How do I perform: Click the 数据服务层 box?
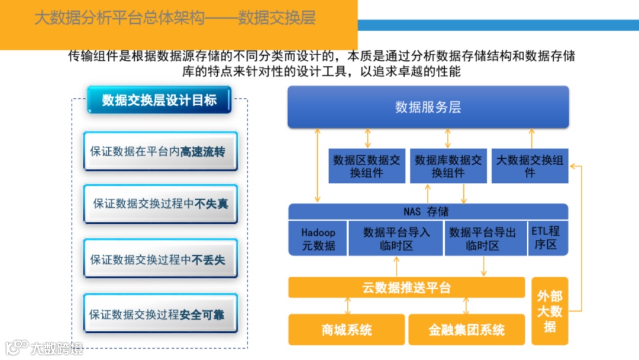pyautogui.click(x=428, y=107)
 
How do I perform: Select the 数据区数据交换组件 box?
pyautogui.click(x=367, y=166)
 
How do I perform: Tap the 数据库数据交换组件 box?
pyautogui.click(x=448, y=166)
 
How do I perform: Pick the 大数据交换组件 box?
pyautogui.click(x=530, y=166)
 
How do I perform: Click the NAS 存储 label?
pyautogui.click(x=428, y=211)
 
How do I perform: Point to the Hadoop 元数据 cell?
pyautogui.click(x=318, y=239)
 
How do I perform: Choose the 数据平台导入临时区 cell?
pyautogui.click(x=396, y=239)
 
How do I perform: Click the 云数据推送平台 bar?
pyautogui.click(x=406, y=288)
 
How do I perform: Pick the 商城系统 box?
pyautogui.click(x=347, y=330)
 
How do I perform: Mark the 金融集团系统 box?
pyautogui.click(x=467, y=330)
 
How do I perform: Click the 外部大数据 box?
pyautogui.click(x=550, y=311)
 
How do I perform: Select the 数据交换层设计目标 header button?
pyautogui.click(x=159, y=100)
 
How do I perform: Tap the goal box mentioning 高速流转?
pyautogui.click(x=160, y=152)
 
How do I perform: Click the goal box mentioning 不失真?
pyautogui.click(x=160, y=204)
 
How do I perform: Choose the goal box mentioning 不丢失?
pyautogui.click(x=160, y=259)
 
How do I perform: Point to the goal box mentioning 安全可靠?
pyautogui.click(x=160, y=314)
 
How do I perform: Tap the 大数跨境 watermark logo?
pyautogui.click(x=44, y=348)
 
